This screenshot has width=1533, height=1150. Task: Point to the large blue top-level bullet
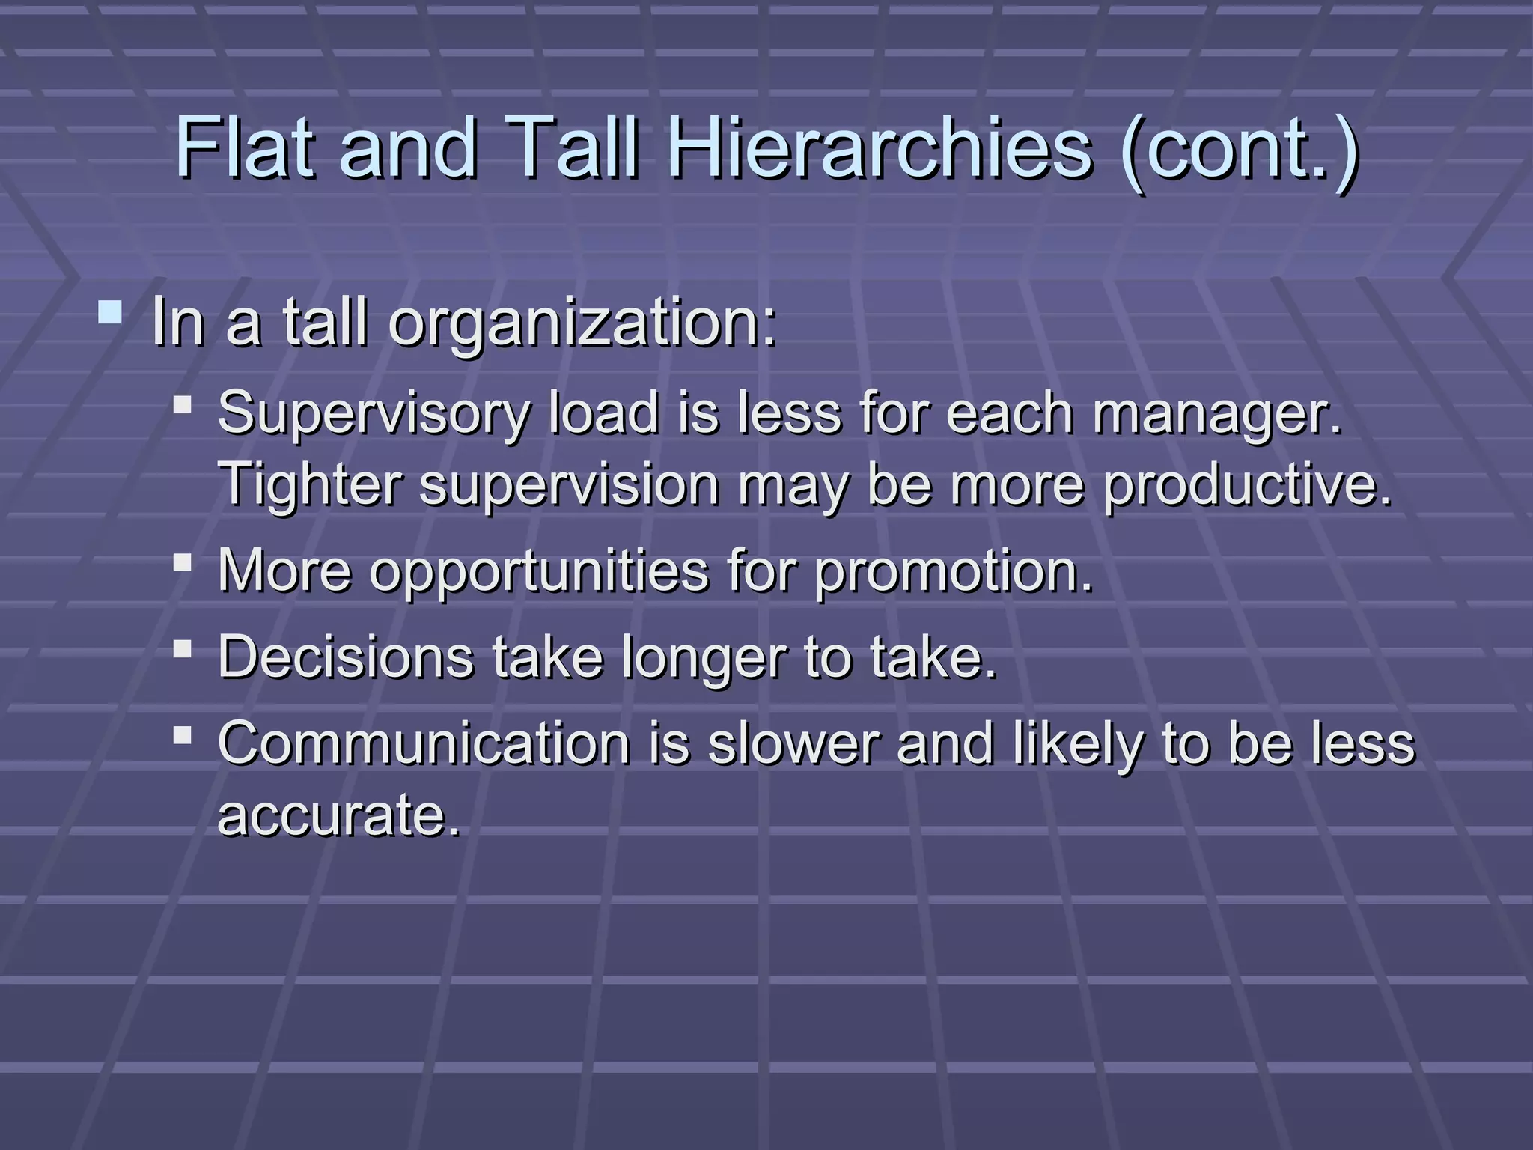pyautogui.click(x=110, y=312)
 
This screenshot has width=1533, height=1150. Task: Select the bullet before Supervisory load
pyautogui.click(x=182, y=406)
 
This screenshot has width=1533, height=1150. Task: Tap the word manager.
pyautogui.click(x=1217, y=414)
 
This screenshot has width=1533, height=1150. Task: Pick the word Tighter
pyautogui.click(x=309, y=484)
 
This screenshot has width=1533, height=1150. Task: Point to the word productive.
pyautogui.click(x=1247, y=484)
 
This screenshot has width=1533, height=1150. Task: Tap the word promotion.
pyautogui.click(x=954, y=571)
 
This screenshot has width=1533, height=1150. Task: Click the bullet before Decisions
pyautogui.click(x=182, y=648)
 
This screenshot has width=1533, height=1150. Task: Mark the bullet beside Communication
pyautogui.click(x=182, y=734)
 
